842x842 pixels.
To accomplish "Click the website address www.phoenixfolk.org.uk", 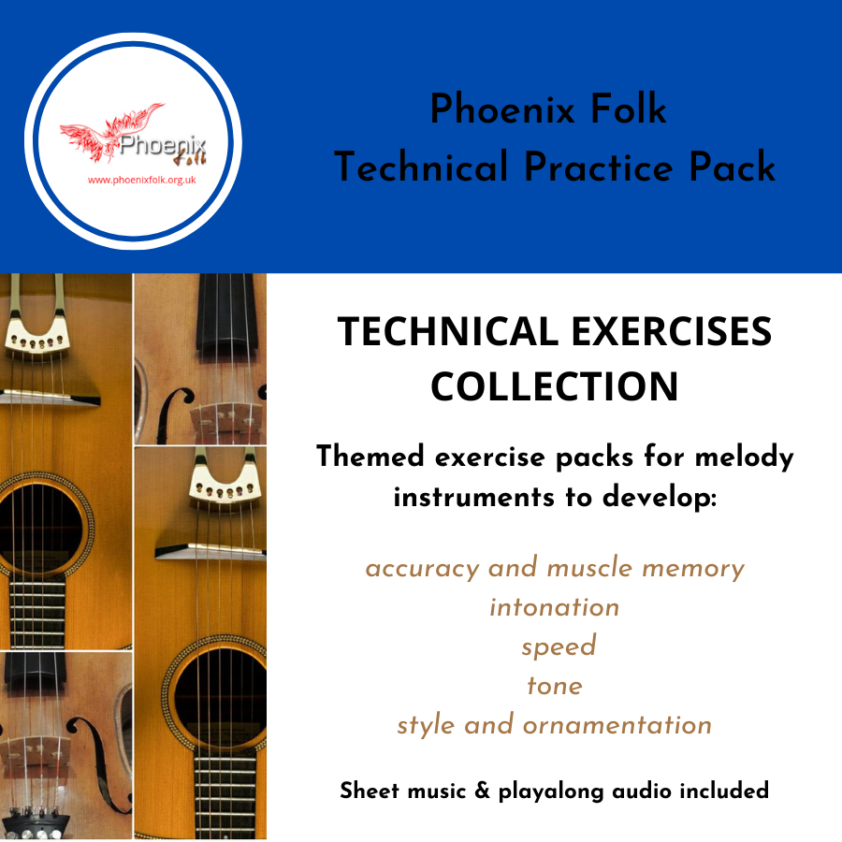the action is click(142, 181).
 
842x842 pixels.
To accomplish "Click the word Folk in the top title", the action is click(629, 109).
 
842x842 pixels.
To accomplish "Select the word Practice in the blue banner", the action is click(598, 167).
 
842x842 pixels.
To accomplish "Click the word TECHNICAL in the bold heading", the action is click(448, 331).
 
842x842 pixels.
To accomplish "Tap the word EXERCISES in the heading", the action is click(672, 331).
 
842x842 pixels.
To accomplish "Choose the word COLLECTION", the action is click(555, 386).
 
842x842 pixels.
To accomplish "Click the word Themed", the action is click(370, 457).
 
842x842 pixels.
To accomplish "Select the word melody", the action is click(745, 457).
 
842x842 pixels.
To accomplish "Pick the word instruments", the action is click(474, 498).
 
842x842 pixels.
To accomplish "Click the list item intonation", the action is click(555, 607).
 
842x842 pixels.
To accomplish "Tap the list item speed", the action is click(559, 647).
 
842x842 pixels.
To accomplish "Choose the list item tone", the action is click(555, 686).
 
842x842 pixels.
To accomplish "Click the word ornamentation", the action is click(617, 725).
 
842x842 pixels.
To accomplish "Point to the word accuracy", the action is click(423, 569).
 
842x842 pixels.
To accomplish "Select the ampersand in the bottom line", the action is click(483, 791).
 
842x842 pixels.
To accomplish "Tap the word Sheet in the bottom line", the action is click(370, 791).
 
